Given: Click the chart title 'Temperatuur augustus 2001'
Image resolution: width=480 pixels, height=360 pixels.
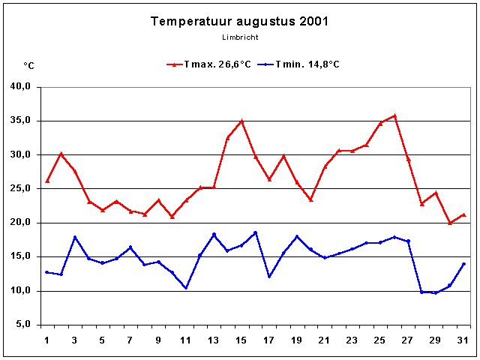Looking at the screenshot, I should [x=239, y=21].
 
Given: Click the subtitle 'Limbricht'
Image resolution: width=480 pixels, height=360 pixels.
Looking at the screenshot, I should [x=239, y=37].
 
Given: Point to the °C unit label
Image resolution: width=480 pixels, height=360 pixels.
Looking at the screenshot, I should [x=28, y=66].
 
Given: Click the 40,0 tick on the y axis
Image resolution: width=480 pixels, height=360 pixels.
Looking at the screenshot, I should [x=20, y=87].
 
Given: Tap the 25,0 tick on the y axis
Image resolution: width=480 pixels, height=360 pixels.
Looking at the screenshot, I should [x=20, y=189].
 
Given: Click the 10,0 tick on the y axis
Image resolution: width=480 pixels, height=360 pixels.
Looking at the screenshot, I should [x=20, y=291].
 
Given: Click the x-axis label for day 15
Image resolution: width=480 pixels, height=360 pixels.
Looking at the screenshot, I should [x=241, y=340].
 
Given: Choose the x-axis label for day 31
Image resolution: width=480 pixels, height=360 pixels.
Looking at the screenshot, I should [x=463, y=340].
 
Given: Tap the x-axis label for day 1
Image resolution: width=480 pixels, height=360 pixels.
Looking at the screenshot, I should [x=47, y=340].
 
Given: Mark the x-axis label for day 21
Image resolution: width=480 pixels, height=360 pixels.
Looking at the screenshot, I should [x=325, y=340].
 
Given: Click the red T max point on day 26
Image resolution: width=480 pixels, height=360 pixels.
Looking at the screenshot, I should [x=394, y=115].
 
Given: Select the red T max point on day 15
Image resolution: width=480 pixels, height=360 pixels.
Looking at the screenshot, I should [x=241, y=121].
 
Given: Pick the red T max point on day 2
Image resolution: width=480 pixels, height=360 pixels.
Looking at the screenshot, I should [x=61, y=154].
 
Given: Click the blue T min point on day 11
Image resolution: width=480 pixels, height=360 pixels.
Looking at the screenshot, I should [x=186, y=288].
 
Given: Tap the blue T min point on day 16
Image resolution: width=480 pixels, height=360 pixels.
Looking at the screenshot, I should [x=255, y=232].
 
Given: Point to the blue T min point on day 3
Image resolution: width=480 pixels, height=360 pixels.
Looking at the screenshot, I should [x=75, y=237].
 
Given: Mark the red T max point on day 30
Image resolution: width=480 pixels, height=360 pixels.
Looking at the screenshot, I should [x=450, y=223].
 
